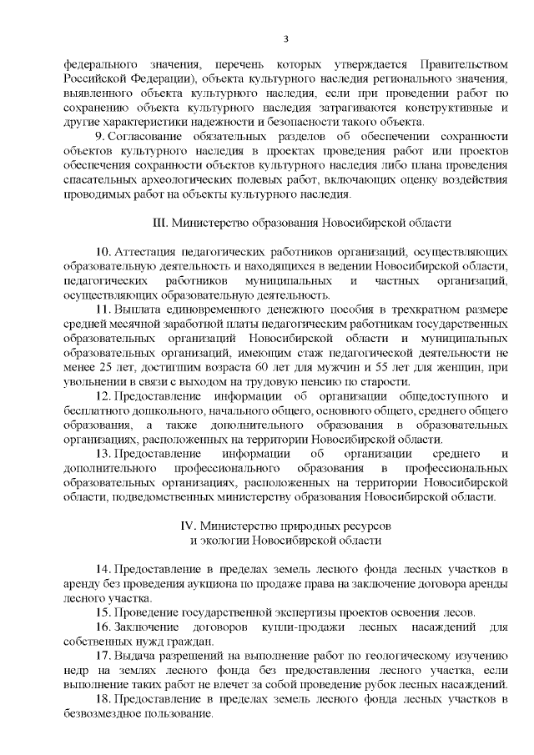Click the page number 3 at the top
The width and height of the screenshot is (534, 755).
(285, 38)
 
